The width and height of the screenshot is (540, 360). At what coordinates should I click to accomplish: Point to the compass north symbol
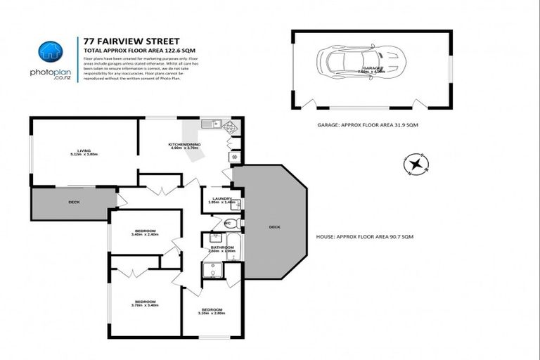416,165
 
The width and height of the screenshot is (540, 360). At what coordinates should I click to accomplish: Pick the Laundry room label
218,199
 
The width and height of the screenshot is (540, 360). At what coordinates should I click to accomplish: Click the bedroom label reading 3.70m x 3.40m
145,302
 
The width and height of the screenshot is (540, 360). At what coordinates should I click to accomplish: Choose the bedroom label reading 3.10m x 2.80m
212,311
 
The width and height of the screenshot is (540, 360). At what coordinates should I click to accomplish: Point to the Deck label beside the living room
74,202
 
